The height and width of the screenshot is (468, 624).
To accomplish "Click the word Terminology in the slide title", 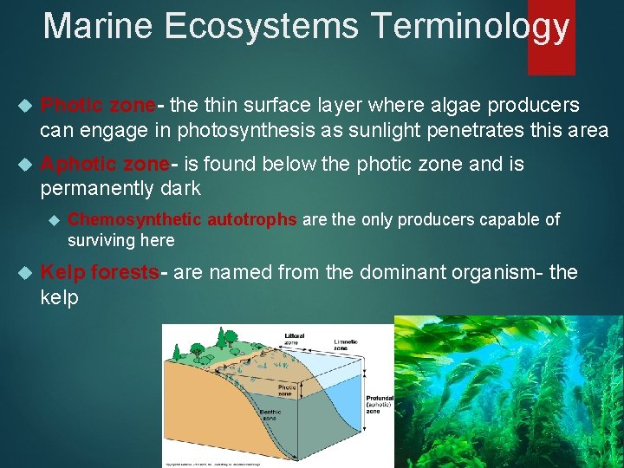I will tap(469, 25).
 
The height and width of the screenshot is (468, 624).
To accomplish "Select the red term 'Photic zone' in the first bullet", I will tap(98, 106).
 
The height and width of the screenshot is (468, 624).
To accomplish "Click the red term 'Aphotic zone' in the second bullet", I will tap(105, 165).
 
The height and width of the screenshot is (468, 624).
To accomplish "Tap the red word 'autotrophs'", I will tap(252, 220).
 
